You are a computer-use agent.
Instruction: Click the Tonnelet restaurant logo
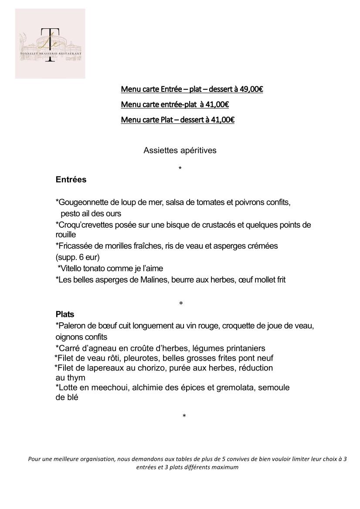coord(50,44)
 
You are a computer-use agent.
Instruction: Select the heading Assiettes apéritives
coord(180,150)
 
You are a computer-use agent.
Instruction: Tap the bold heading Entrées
coord(71,179)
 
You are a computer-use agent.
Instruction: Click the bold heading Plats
coord(65,314)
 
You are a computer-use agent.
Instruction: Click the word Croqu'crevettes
coord(82,225)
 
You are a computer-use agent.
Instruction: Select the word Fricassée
coord(75,246)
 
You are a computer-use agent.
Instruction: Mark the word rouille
coord(66,235)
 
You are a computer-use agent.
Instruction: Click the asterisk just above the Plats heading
coord(181,303)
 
